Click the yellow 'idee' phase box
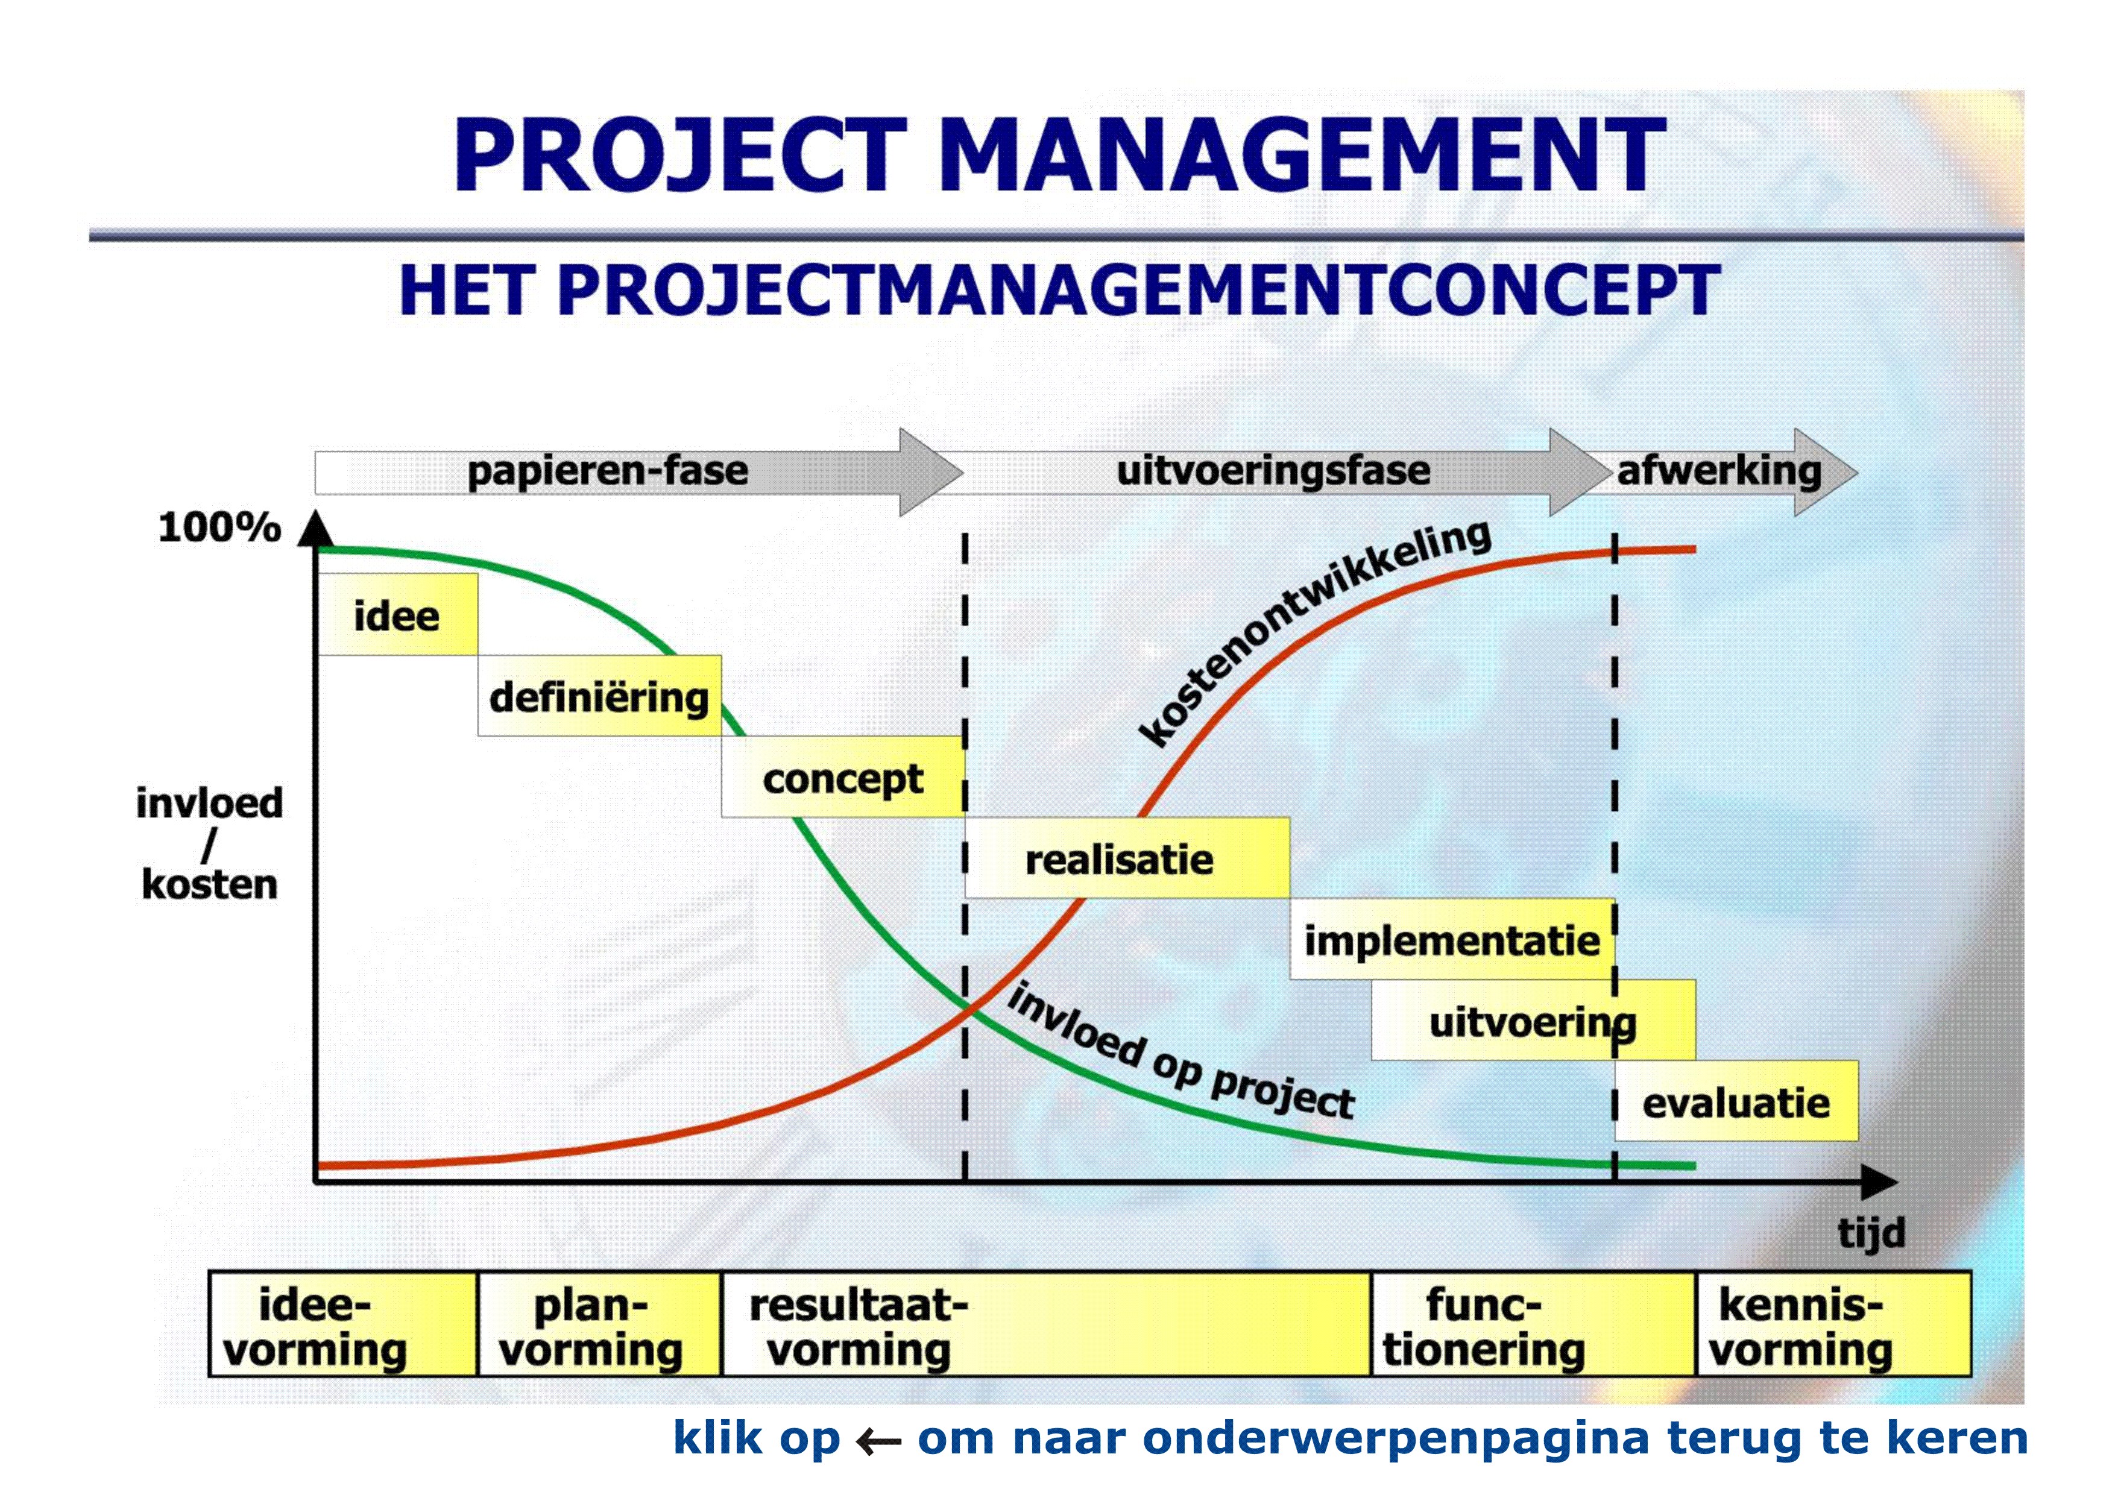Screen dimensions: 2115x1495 (x=397, y=614)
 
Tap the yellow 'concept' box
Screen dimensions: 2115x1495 (x=843, y=776)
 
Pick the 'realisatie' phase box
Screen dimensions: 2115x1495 (x=1127, y=858)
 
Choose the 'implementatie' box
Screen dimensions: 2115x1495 (x=1452, y=939)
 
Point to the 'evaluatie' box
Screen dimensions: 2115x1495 (x=1736, y=1101)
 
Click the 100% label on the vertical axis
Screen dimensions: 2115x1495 (x=219, y=528)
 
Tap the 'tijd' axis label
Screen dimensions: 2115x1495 (x=1871, y=1233)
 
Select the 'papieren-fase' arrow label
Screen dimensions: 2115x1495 (x=608, y=471)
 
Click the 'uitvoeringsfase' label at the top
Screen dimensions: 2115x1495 (x=1273, y=471)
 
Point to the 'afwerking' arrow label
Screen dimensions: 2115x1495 (x=1719, y=471)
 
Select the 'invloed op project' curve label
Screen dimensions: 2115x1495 (x=1182, y=1050)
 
